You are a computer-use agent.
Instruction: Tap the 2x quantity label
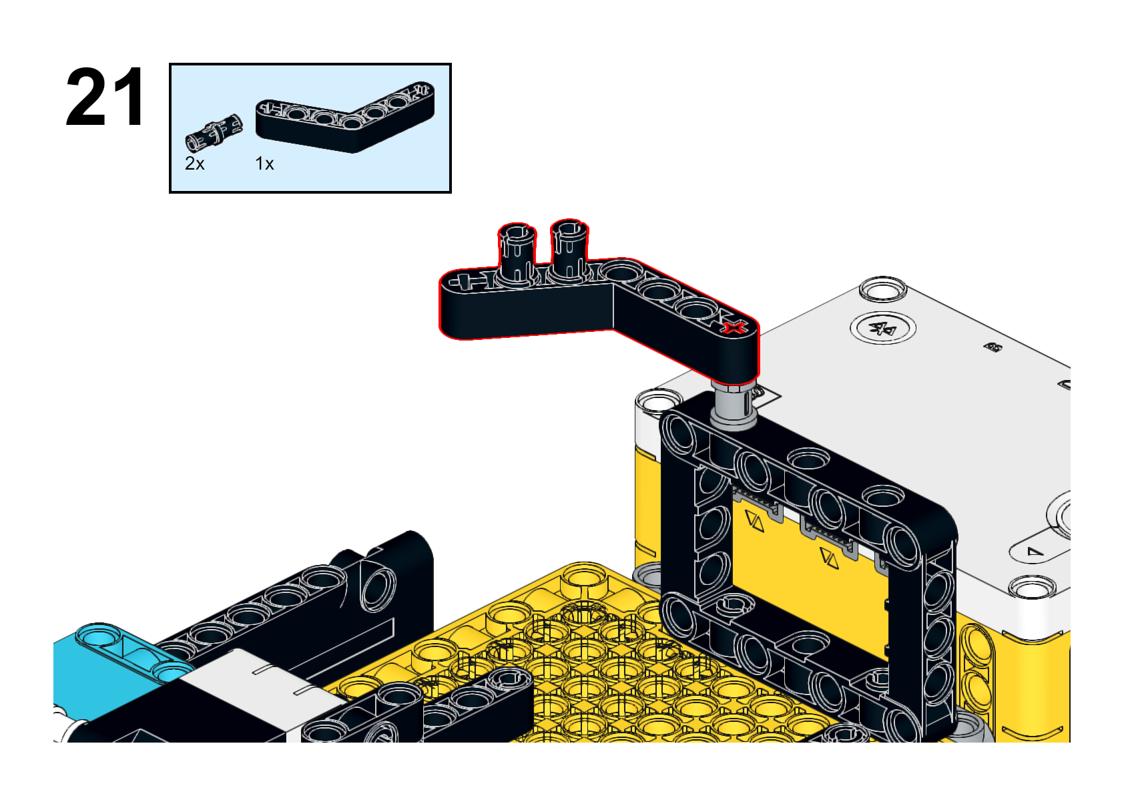195,164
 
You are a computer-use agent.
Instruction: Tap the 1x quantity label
264,164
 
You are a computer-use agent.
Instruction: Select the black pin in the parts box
214,133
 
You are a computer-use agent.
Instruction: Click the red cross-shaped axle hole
734,328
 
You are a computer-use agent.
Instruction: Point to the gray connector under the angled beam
733,405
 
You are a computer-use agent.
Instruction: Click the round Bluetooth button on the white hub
882,329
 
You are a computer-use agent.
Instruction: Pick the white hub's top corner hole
883,289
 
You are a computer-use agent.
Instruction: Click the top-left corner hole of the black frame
679,432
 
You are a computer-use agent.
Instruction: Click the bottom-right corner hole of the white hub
1032,588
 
